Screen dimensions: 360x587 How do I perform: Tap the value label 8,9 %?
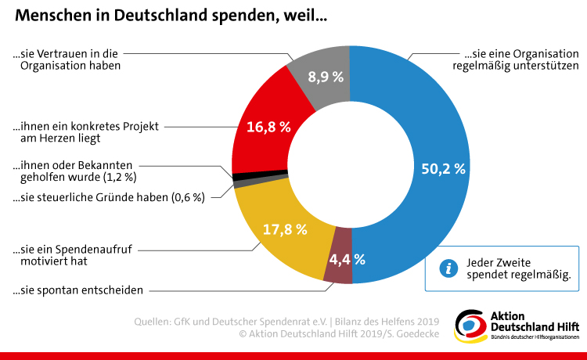tap(326, 77)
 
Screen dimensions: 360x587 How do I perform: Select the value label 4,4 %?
tap(347, 259)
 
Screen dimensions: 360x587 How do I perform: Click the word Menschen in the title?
tap(50, 16)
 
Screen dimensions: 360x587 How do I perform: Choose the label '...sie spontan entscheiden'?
tap(77, 290)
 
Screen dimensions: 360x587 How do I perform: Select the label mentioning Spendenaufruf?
tap(71, 256)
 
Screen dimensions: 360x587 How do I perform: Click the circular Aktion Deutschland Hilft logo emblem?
tap(470, 324)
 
